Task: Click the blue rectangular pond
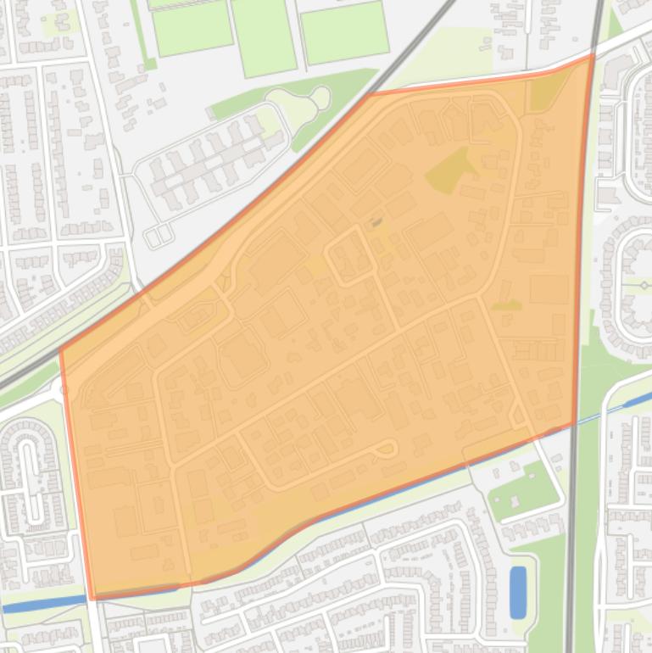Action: [x=517, y=581]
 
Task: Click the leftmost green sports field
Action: [x=192, y=27]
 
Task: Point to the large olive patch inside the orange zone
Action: [x=449, y=170]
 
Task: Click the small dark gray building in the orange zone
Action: [x=376, y=223]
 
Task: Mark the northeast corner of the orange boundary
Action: [x=592, y=57]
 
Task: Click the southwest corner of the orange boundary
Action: [x=92, y=597]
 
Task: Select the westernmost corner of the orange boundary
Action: [x=60, y=349]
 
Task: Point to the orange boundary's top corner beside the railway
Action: [x=369, y=93]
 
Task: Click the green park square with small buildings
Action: [x=521, y=489]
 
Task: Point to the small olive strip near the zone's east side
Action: [x=506, y=304]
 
